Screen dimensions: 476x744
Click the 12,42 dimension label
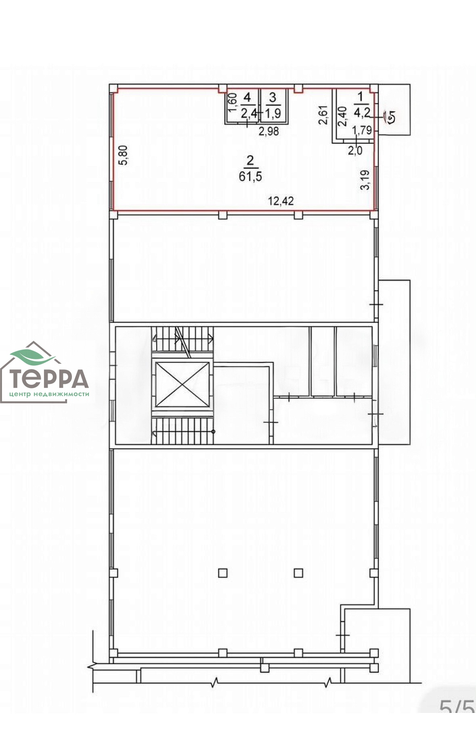point(281,200)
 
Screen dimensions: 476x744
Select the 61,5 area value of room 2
point(250,176)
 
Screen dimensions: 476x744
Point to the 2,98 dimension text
point(268,131)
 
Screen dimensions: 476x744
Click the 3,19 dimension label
point(365,180)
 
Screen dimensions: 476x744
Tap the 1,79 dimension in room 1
point(362,130)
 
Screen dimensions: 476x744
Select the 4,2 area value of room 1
point(362,112)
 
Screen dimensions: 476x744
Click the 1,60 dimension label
point(232,102)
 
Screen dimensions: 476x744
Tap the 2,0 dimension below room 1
point(355,150)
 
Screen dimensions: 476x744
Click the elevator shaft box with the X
point(183,384)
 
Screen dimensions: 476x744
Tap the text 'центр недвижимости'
point(49,394)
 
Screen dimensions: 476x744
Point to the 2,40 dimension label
point(342,116)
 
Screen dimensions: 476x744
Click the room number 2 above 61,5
point(250,161)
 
